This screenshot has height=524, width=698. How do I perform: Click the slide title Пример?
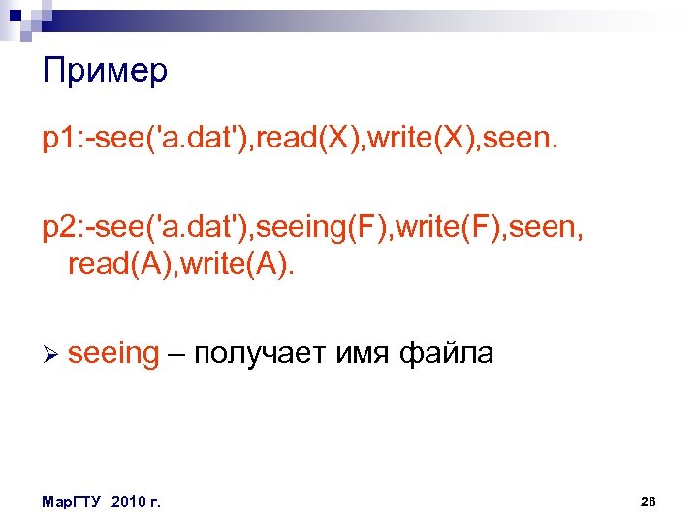pos(105,72)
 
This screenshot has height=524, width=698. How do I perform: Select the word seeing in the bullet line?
pos(113,354)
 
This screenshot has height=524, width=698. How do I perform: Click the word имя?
pos(363,354)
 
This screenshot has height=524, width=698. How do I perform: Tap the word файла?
pos(446,354)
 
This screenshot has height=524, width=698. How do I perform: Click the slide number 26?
pos(649,501)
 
